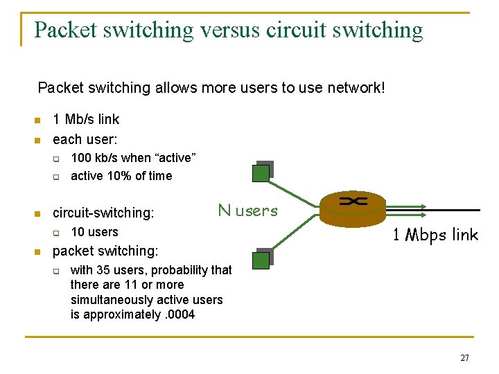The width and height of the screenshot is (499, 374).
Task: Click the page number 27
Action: pyautogui.click(x=464, y=358)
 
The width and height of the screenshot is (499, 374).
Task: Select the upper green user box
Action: pyautogui.click(x=261, y=172)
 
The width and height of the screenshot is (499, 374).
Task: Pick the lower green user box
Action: pyautogui.click(x=261, y=260)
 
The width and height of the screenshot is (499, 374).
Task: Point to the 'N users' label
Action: pyautogui.click(x=247, y=211)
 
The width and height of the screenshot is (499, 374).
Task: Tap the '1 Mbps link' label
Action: pyautogui.click(x=435, y=235)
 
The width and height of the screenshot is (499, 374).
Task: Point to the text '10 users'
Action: pyautogui.click(x=94, y=232)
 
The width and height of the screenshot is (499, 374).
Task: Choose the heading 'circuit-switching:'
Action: pyautogui.click(x=103, y=213)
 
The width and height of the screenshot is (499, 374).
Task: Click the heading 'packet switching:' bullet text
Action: pyautogui.click(x=105, y=251)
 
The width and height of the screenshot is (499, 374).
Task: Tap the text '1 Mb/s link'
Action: pyautogui.click(x=86, y=119)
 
